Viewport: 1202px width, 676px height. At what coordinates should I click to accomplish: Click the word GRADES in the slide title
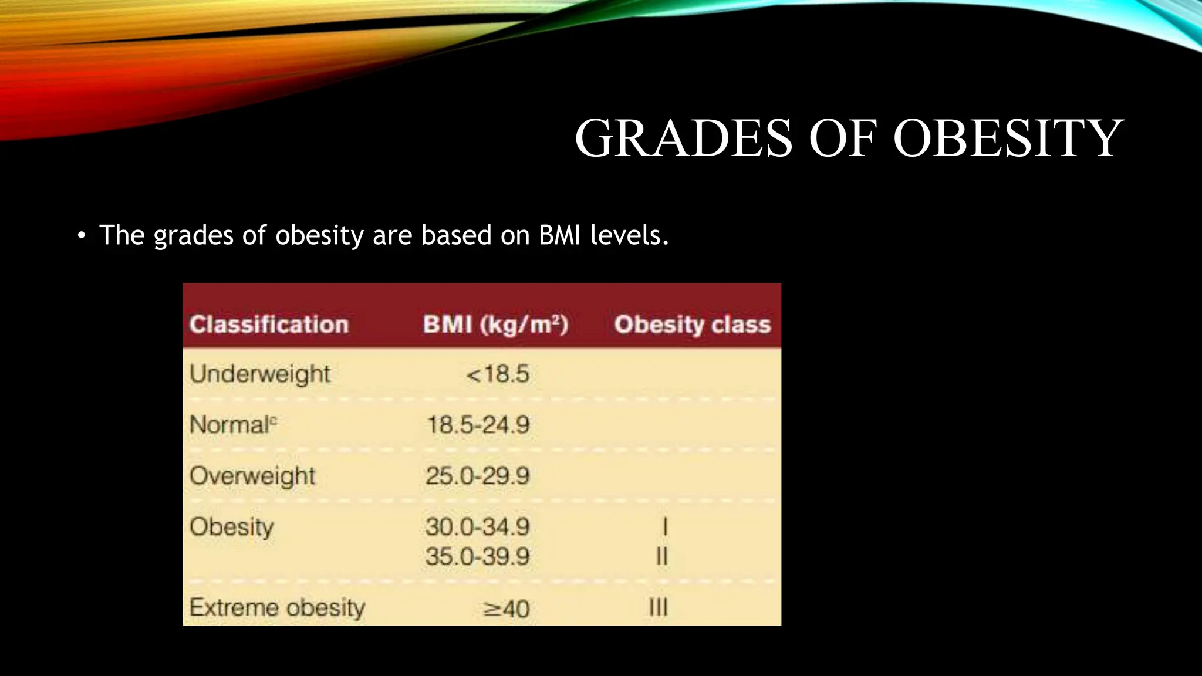[x=684, y=138]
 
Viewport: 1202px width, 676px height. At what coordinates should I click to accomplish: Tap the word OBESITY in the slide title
[x=1008, y=138]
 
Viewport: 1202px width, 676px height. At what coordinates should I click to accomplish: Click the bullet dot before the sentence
[x=81, y=236]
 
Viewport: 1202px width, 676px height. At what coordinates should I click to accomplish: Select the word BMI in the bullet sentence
[x=560, y=235]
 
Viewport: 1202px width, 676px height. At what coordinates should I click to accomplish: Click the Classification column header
[x=269, y=325]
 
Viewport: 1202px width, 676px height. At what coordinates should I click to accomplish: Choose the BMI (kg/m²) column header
[x=495, y=325]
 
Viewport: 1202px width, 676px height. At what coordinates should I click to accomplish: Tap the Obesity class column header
[x=692, y=325]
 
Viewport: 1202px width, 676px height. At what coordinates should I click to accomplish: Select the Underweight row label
[x=260, y=374]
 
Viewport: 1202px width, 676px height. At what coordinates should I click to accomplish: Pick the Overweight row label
[x=252, y=476]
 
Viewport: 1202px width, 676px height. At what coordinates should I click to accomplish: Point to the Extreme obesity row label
[x=277, y=607]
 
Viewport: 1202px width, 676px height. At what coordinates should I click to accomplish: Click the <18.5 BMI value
[x=498, y=374]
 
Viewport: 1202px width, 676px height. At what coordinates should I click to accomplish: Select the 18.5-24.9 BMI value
[x=478, y=425]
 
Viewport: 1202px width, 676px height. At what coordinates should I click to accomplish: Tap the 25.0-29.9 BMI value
[x=478, y=476]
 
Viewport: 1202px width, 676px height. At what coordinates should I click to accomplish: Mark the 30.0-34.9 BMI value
[x=478, y=527]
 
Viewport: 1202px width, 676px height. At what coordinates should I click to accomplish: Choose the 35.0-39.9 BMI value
[x=478, y=556]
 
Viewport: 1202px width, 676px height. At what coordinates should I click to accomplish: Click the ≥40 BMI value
[x=506, y=609]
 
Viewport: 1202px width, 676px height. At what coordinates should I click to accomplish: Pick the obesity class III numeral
[x=659, y=607]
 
